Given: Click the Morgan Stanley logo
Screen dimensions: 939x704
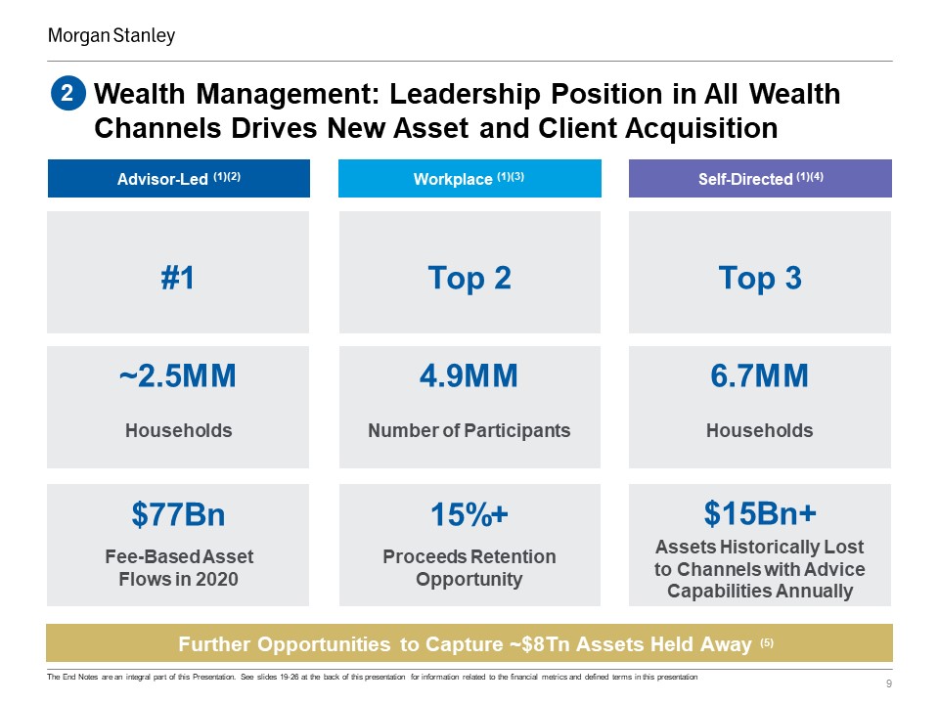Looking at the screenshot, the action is (x=112, y=36).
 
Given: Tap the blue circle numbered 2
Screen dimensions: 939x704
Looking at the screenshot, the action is (x=67, y=94).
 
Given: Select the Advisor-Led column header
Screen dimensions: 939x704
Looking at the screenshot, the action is (x=179, y=178).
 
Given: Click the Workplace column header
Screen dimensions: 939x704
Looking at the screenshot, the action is (x=469, y=178).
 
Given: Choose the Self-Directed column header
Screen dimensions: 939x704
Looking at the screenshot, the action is (x=760, y=178).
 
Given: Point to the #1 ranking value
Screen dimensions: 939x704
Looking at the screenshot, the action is (x=178, y=278).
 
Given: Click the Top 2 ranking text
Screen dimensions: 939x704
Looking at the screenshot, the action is (x=469, y=279).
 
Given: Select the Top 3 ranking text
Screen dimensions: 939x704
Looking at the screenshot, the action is (x=760, y=279).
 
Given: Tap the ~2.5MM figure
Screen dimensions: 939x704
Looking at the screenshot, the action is (x=178, y=375).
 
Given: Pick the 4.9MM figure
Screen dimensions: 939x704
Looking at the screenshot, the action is (x=469, y=375).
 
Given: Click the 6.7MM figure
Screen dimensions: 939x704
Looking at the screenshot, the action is (x=759, y=375).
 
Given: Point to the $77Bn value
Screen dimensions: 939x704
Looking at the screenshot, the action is (x=178, y=514).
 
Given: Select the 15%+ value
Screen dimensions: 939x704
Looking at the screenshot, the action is (x=469, y=514).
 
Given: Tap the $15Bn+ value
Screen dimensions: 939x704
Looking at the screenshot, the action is (x=760, y=513).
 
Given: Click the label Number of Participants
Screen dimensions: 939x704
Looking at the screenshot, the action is (x=469, y=430).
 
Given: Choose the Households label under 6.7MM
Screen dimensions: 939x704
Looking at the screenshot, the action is (x=759, y=430).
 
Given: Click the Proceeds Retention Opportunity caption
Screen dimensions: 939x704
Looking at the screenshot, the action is (x=469, y=567).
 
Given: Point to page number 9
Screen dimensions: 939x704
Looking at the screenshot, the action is (x=889, y=683).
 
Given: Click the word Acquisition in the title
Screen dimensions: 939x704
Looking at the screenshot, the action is (x=702, y=128).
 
